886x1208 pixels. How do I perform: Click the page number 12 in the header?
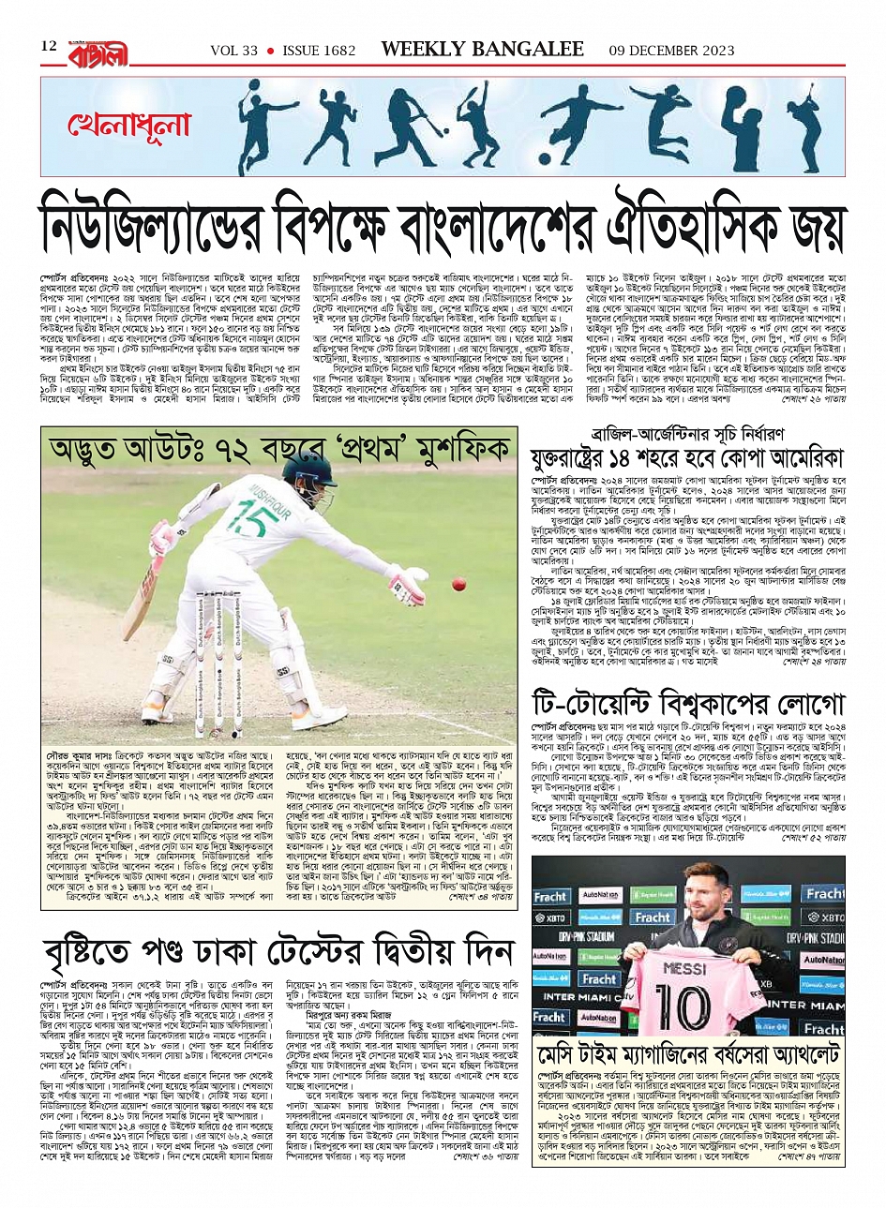pos(49,47)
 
